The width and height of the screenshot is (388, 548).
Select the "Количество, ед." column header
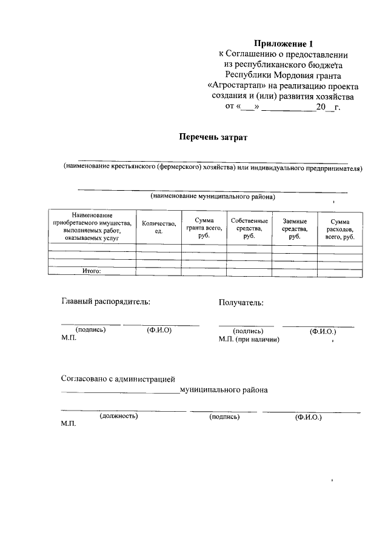159,228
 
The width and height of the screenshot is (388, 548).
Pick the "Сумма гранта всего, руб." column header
204,228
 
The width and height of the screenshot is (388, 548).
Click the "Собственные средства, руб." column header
249,228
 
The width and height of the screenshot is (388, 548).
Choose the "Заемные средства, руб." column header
295,228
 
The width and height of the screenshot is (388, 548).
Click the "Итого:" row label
92,271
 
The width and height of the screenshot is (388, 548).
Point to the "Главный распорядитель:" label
105,301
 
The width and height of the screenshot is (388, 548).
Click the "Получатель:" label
241,302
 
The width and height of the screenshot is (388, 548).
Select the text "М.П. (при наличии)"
249,340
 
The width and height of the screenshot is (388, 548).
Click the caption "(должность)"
118,417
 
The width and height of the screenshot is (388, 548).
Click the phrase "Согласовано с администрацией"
118,379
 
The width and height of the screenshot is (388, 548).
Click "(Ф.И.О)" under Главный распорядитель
159,330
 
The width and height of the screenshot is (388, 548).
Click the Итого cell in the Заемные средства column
295,271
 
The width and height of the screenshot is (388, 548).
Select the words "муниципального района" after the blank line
223,390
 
